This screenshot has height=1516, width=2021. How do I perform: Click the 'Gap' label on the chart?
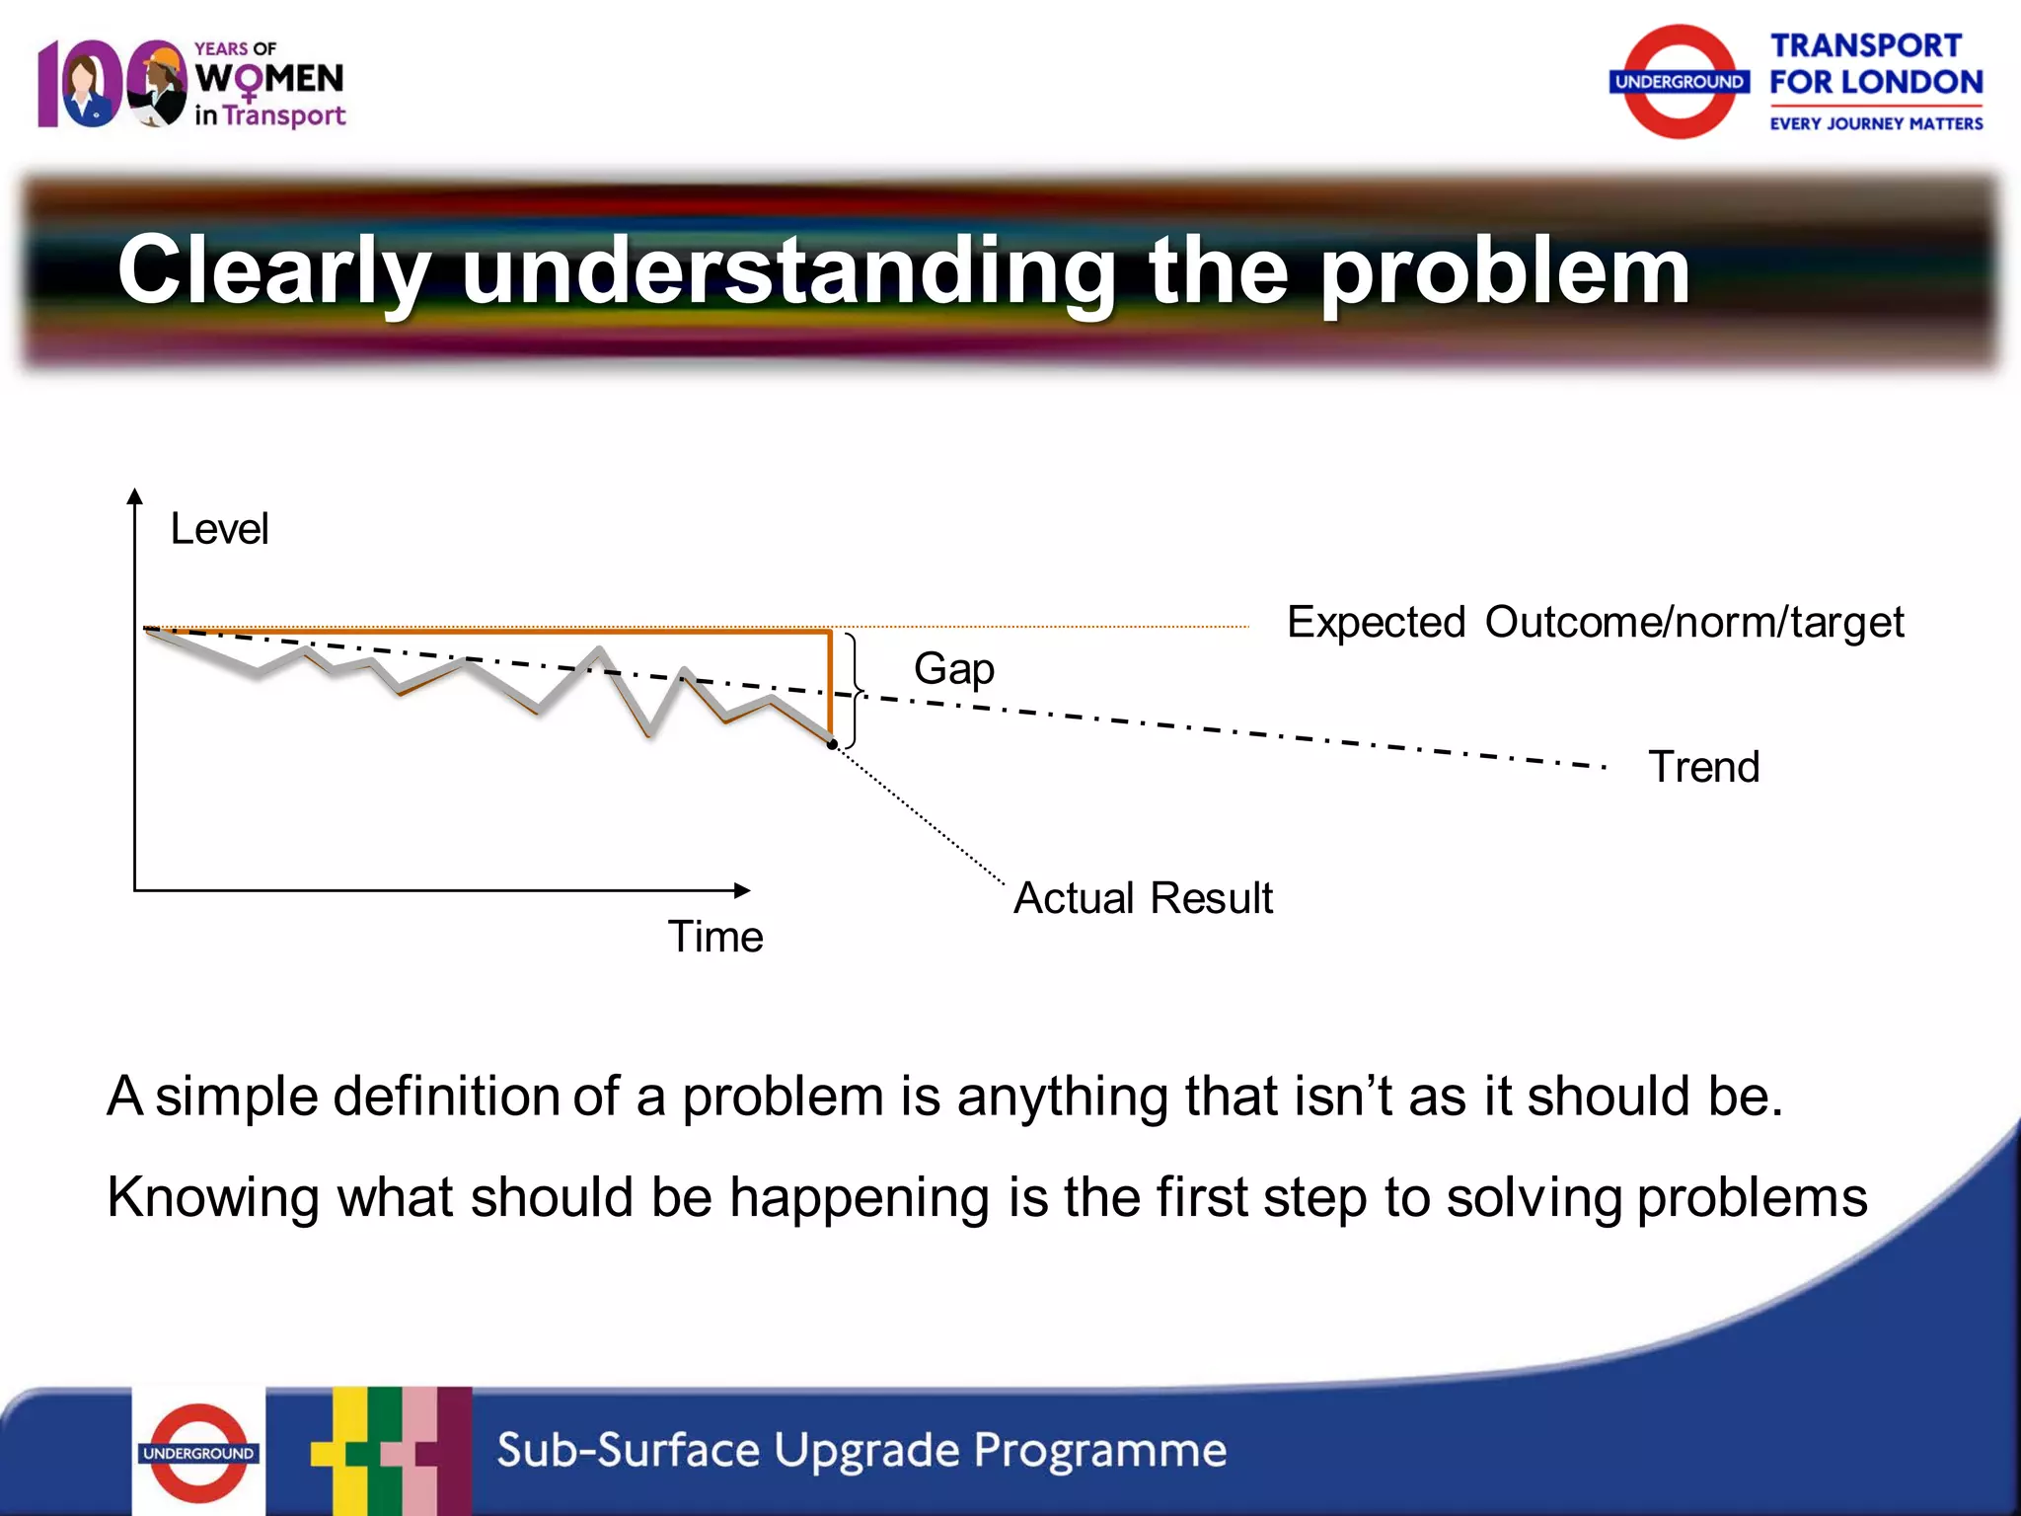tap(953, 670)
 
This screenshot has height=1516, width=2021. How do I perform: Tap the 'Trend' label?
tap(1703, 767)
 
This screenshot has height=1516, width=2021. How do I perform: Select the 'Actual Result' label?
tap(1143, 898)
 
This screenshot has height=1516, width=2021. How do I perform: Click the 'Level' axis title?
tap(219, 529)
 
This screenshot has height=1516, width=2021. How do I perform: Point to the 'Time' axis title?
tap(715, 937)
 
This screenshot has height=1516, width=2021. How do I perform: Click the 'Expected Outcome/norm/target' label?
tap(1595, 623)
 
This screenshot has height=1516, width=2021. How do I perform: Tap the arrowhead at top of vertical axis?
tap(135, 496)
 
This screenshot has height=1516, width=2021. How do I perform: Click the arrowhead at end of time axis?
tap(742, 890)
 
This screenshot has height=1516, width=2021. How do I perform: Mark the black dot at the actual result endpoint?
tap(832, 745)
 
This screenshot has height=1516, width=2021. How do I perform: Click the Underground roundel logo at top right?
tap(1679, 82)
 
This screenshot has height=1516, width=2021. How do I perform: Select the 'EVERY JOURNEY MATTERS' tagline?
tap(1875, 123)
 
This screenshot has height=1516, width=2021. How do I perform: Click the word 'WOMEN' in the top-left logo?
tap(268, 79)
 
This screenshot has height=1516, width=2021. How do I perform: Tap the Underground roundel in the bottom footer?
tap(198, 1453)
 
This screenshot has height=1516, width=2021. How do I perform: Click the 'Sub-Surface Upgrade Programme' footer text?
tap(861, 1450)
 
